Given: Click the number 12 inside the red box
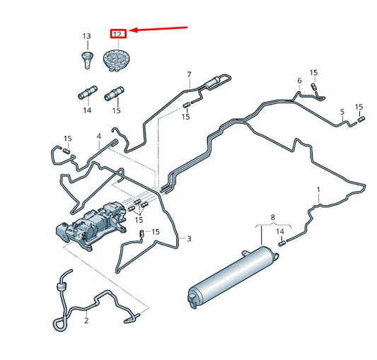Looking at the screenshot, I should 117,33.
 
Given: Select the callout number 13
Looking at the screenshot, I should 87,36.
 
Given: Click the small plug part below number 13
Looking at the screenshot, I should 87,59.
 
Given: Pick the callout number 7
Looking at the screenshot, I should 189,74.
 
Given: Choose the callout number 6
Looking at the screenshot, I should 299,81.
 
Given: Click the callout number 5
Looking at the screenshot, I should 342,112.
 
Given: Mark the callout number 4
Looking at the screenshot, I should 99,136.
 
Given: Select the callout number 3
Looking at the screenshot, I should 189,239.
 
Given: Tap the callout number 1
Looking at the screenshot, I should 318,190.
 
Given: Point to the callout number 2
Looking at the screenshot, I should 86,320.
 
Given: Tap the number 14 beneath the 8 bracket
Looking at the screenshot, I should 280,231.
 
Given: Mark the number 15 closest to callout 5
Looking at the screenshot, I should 359,107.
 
